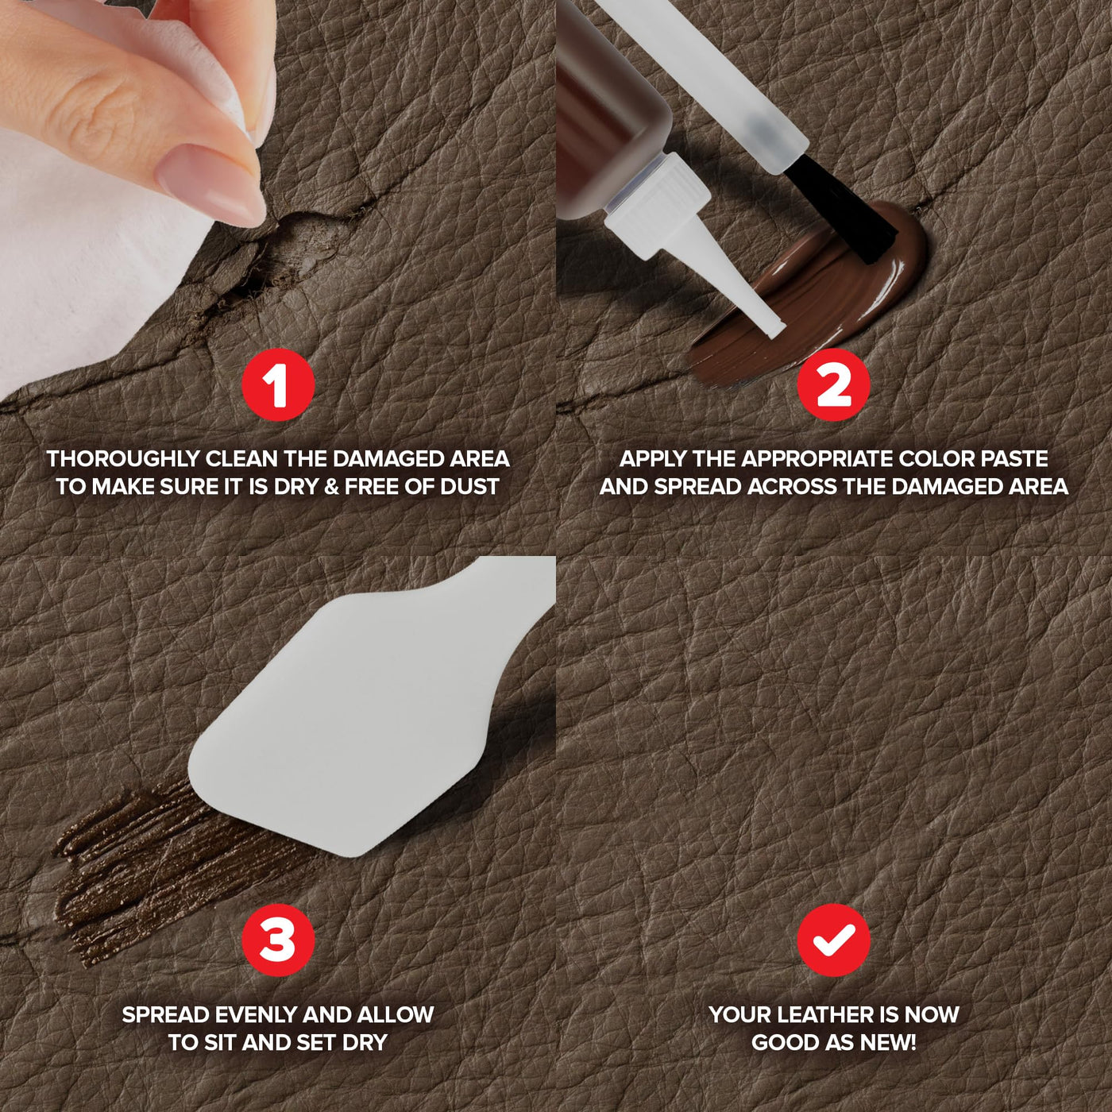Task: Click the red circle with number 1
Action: (x=278, y=384)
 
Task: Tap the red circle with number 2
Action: (x=833, y=384)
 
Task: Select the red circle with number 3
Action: (x=278, y=940)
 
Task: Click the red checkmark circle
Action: (x=833, y=940)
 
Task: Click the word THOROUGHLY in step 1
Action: (x=123, y=459)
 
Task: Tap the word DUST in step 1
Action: (x=469, y=486)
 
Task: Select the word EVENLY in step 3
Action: (x=250, y=1014)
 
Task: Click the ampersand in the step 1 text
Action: (x=331, y=486)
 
